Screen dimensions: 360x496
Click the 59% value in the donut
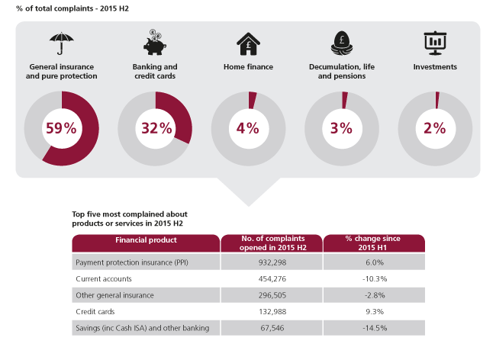click(x=62, y=128)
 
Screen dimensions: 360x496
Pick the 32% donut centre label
click(x=156, y=128)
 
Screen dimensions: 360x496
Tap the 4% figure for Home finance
click(x=249, y=128)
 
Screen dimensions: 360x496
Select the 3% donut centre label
click(x=342, y=128)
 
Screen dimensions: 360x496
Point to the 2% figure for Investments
click(x=435, y=128)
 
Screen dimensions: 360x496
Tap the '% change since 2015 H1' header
click(x=373, y=243)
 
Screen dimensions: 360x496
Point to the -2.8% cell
click(x=373, y=294)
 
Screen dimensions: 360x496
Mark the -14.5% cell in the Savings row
click(x=373, y=327)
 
